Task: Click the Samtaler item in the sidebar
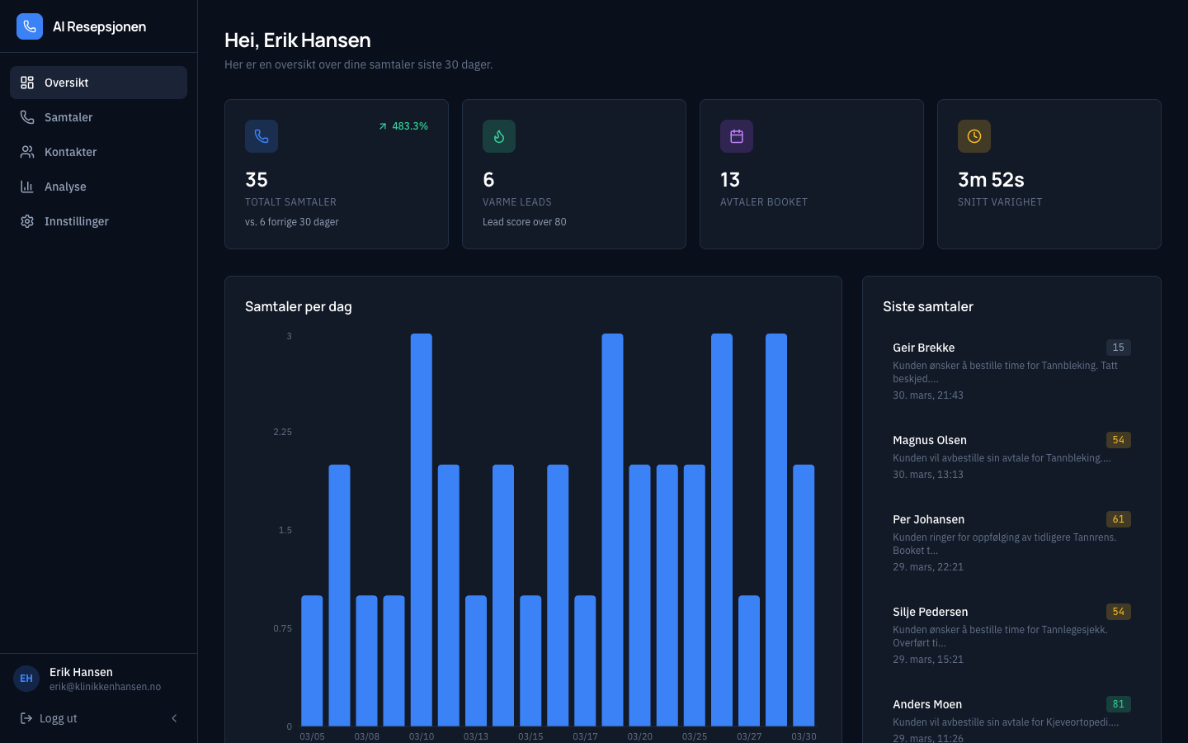[x=68, y=117]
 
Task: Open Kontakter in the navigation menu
[x=70, y=152]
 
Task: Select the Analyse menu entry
[x=65, y=187]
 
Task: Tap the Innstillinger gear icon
[x=27, y=221]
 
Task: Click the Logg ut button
[x=49, y=718]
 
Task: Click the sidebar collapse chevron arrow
[x=174, y=718]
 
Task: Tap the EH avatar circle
[x=26, y=679]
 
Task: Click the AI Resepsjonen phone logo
[x=30, y=26]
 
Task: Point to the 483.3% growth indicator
[x=403, y=126]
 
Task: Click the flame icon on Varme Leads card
[x=499, y=136]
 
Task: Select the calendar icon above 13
[x=737, y=136]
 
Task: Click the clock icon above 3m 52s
[x=974, y=136]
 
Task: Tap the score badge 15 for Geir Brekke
[x=1118, y=348]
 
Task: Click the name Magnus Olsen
[x=930, y=440]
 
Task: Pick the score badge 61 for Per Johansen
[x=1118, y=519]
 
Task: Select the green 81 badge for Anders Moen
[x=1118, y=704]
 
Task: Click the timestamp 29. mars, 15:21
[x=928, y=660]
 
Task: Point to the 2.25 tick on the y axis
[x=282, y=432]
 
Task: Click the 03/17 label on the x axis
[x=585, y=736]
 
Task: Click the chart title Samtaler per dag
[x=299, y=306]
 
